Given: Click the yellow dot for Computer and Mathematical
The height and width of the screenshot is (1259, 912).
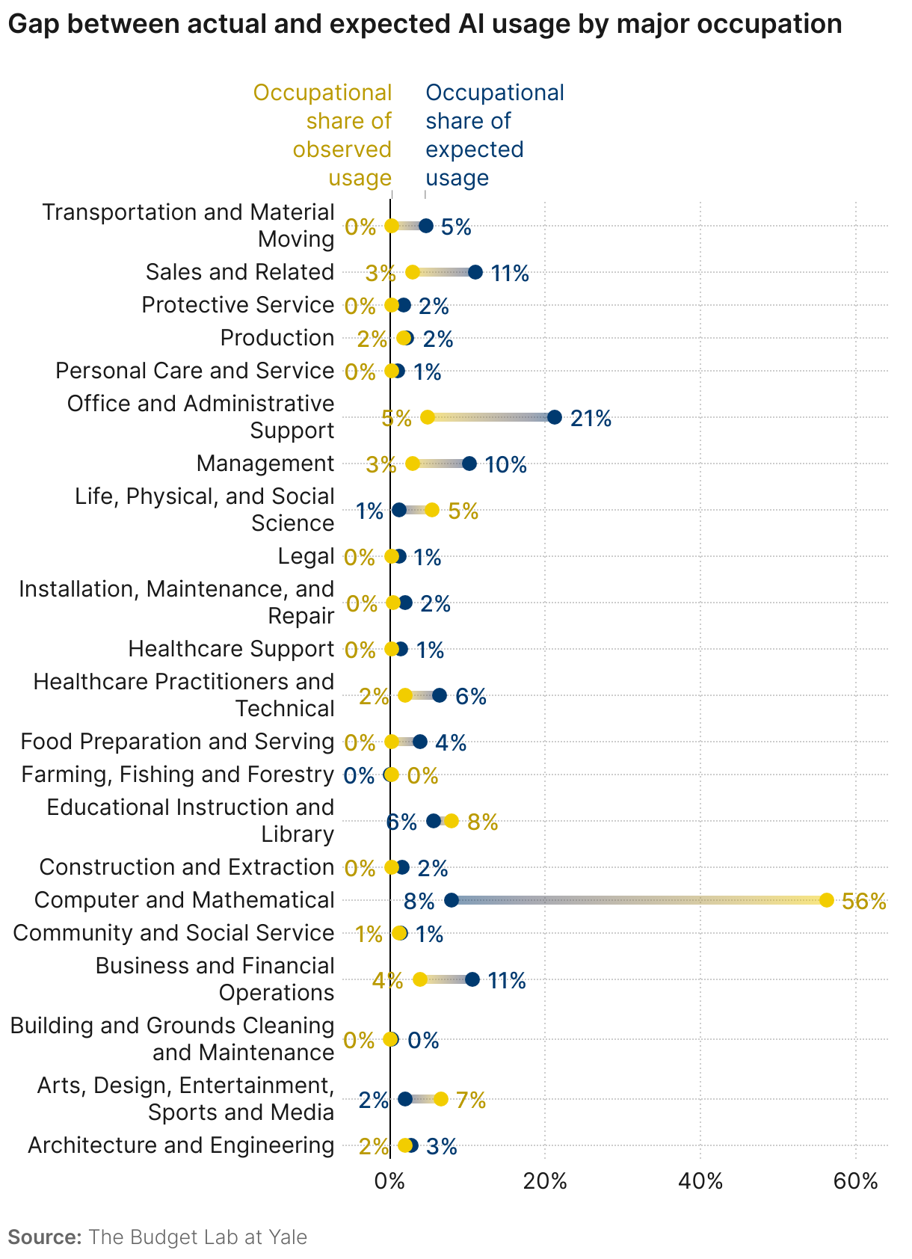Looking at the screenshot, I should [826, 899].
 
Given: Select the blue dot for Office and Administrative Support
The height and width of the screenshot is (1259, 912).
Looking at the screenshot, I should [554, 417].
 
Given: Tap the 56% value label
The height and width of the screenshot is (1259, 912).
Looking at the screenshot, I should [864, 902].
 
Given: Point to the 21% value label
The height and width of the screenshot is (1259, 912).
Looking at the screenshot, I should [591, 419].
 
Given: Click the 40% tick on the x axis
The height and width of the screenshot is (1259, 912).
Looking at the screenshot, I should [700, 1181].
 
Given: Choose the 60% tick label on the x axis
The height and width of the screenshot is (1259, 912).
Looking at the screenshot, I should [855, 1181].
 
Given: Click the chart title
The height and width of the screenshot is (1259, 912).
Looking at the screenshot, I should [425, 25].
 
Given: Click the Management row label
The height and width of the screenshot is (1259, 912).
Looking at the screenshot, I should [265, 464].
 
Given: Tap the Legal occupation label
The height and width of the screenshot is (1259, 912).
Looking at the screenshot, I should [306, 556].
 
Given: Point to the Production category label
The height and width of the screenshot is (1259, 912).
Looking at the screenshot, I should [277, 338].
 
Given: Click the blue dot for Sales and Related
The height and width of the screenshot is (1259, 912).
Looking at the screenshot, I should [475, 272].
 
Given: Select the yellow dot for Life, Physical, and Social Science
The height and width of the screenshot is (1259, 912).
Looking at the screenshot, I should [431, 510].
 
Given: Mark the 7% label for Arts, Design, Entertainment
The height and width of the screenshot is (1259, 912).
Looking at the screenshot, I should [471, 1100].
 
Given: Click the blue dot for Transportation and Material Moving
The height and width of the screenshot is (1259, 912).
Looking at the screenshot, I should [426, 226].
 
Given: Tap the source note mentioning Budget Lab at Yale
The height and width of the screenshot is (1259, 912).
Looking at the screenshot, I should [158, 1237].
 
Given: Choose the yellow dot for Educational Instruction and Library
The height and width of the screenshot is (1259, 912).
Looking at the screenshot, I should [451, 821].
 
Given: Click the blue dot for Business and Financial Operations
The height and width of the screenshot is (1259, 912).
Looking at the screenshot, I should [472, 979].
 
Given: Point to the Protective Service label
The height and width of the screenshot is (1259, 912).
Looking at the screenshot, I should [238, 305].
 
